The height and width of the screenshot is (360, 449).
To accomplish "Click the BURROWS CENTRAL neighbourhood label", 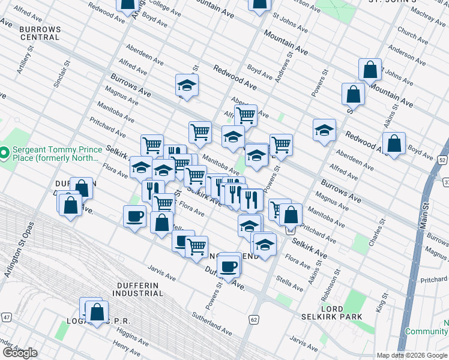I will point(40,33).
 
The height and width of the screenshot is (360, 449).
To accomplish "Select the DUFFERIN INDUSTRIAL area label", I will point(137,289).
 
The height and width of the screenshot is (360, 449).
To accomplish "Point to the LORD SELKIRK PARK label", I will point(341,312).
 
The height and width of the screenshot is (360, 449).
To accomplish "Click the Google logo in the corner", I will point(20,353).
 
